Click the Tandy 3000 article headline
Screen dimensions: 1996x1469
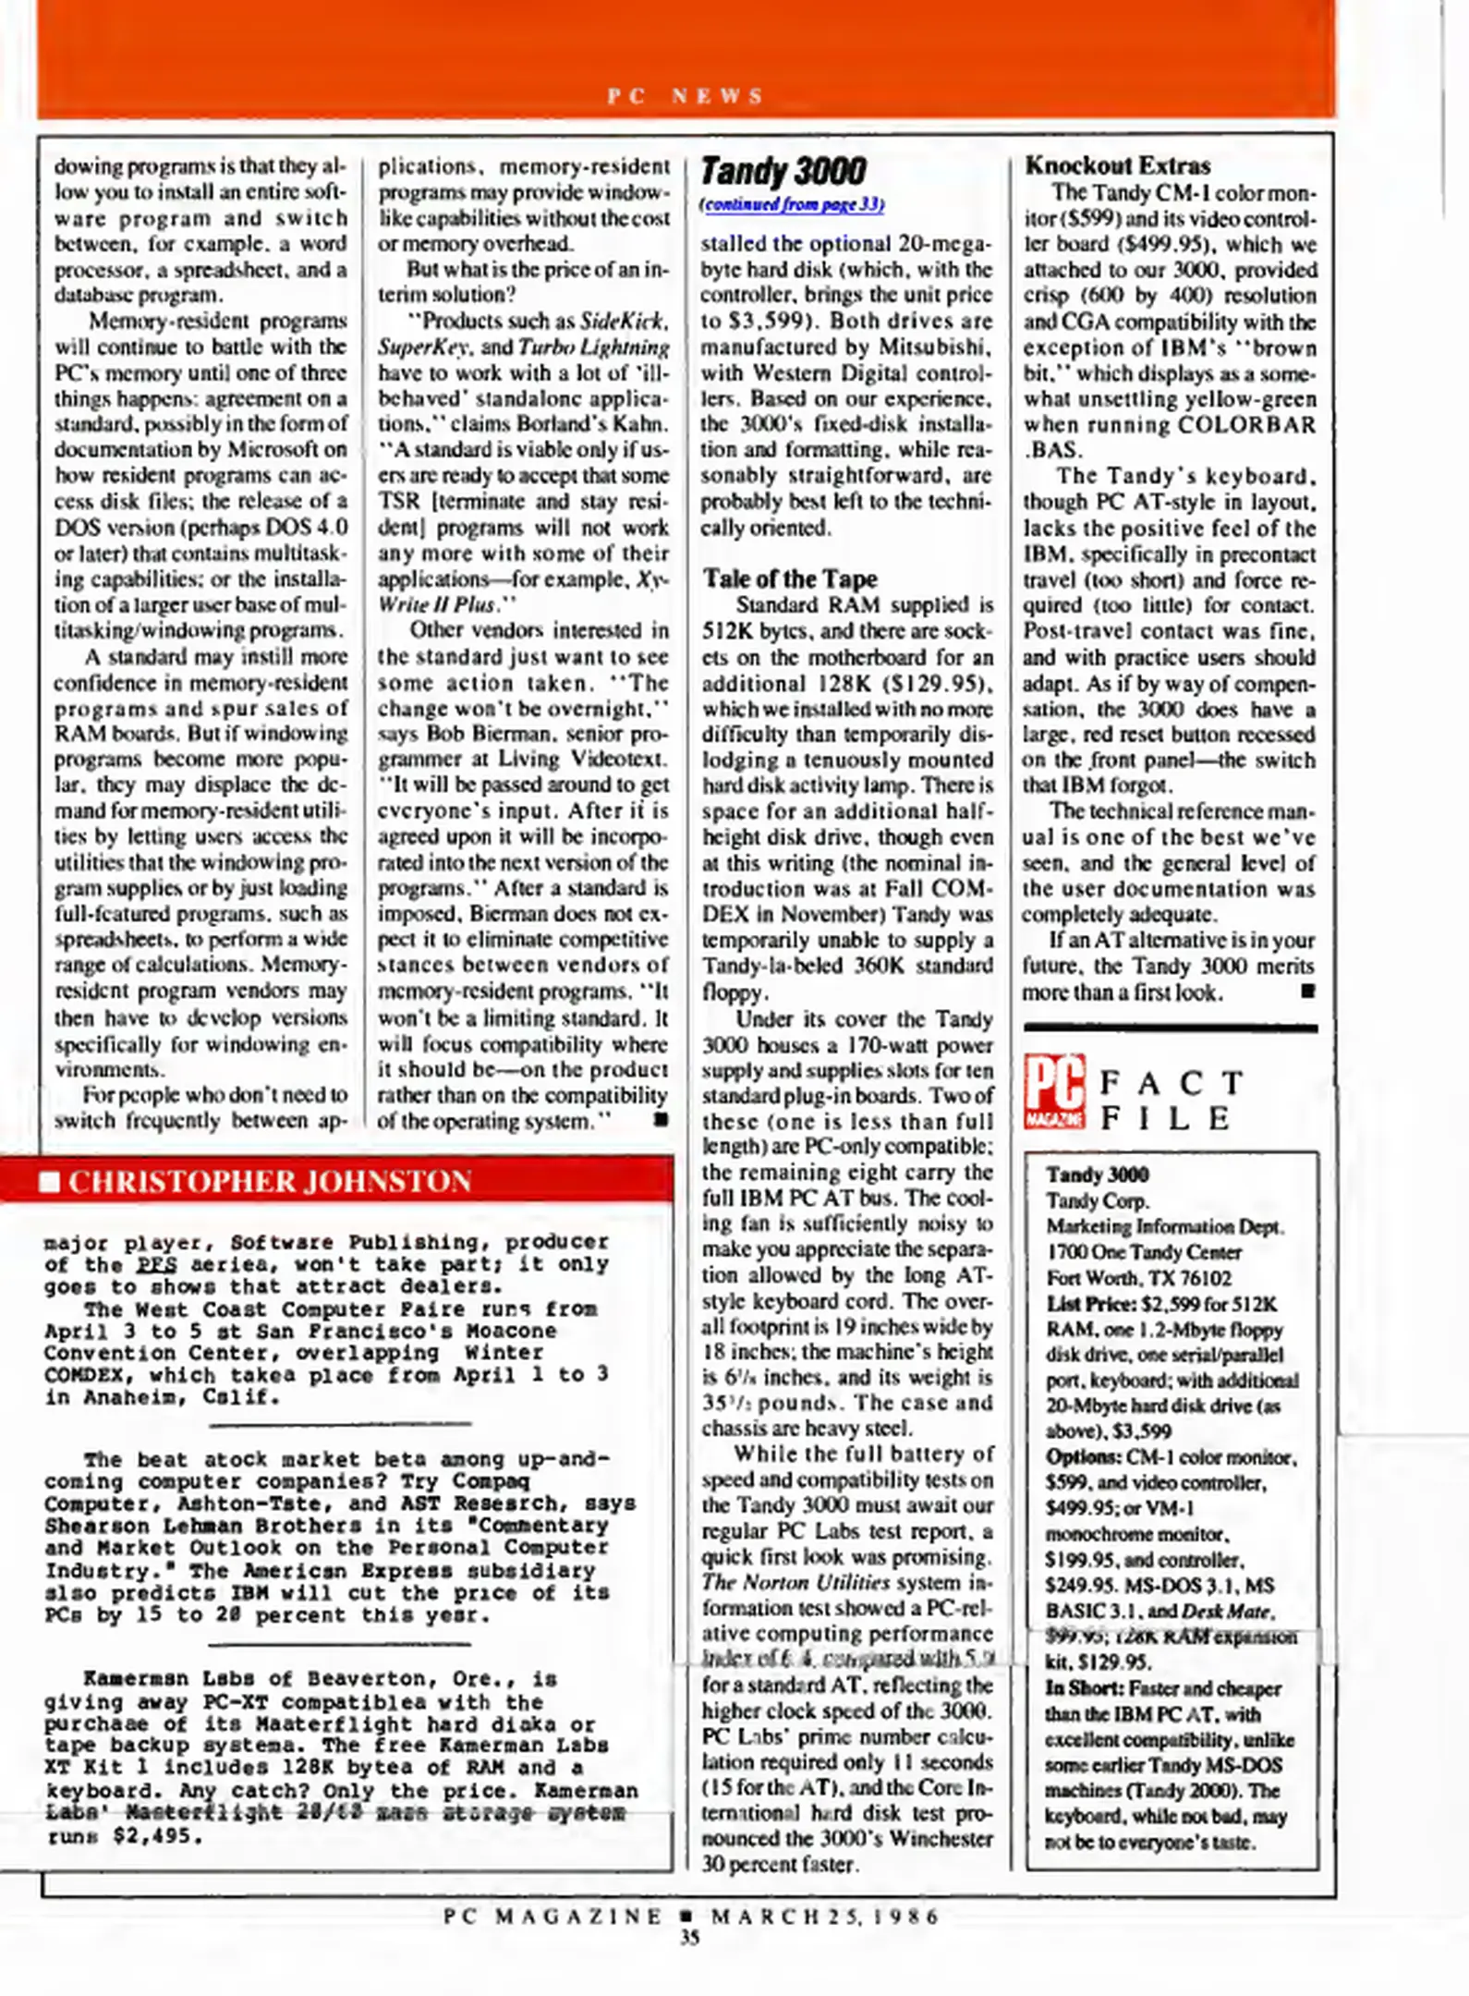pyautogui.click(x=783, y=172)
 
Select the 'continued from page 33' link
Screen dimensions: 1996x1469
pyautogui.click(x=792, y=205)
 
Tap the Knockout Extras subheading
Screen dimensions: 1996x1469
pyautogui.click(x=1117, y=166)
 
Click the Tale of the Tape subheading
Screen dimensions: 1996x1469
pyautogui.click(x=790, y=578)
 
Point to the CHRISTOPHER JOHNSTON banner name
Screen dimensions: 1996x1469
pyautogui.click(x=270, y=1182)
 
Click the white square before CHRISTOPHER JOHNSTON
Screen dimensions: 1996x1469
pyautogui.click(x=49, y=1182)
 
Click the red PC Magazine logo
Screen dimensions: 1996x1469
pyautogui.click(x=1053, y=1092)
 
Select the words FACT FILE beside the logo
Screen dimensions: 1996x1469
pyautogui.click(x=1172, y=1101)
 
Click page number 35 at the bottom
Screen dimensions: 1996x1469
pyautogui.click(x=690, y=1938)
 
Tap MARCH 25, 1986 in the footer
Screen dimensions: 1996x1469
pyautogui.click(x=824, y=1916)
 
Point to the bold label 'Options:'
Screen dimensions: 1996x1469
pyautogui.click(x=1083, y=1457)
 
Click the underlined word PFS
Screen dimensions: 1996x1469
pyautogui.click(x=157, y=1265)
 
